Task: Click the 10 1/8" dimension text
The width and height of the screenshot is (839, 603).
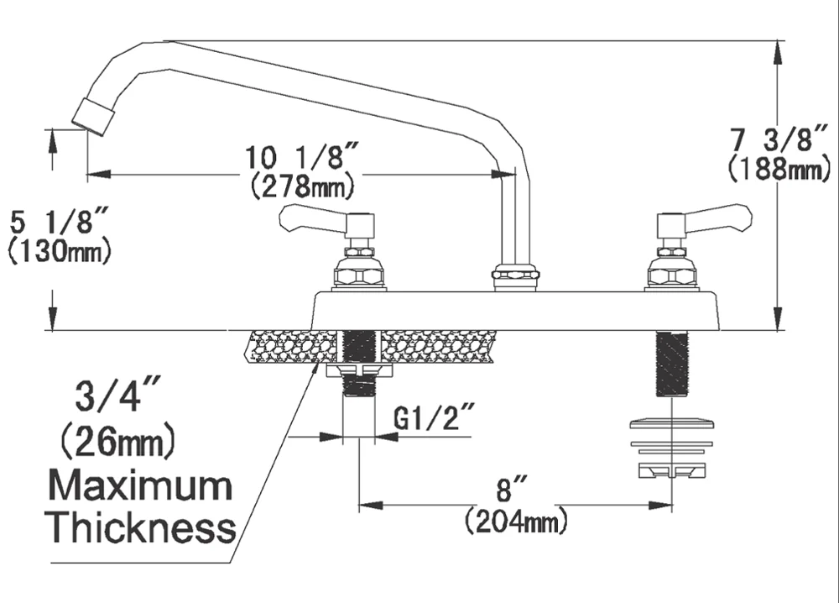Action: coord(302,157)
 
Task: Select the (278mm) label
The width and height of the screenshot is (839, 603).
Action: coord(302,185)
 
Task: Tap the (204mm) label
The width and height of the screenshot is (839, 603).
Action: coord(516,522)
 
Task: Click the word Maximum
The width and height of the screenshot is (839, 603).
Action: coord(139,486)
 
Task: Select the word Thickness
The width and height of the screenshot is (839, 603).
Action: coord(139,527)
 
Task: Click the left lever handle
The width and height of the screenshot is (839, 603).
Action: coord(315,218)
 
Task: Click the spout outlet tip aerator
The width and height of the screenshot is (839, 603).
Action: coord(92,116)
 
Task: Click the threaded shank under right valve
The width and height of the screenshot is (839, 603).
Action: coord(671,364)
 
